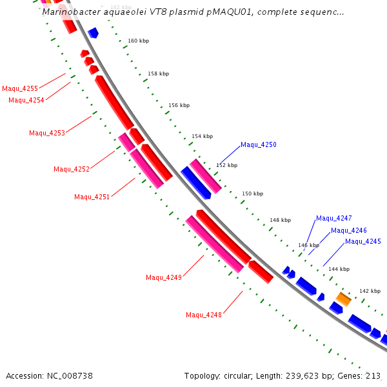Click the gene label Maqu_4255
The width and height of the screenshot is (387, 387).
(20, 88)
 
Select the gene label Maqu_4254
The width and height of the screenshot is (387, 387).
(26, 100)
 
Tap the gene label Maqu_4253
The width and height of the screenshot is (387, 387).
(47, 133)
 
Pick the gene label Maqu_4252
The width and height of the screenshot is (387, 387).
(72, 169)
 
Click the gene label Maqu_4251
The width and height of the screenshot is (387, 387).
(92, 197)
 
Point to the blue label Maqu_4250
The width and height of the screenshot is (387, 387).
(258, 144)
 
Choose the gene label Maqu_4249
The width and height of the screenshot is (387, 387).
(164, 277)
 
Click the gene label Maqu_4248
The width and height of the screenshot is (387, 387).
(204, 315)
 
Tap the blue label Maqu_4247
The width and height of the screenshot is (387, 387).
(333, 218)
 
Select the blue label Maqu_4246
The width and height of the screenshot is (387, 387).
(348, 230)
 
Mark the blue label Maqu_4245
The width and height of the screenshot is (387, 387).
(362, 241)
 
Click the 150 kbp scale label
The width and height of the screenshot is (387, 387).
(252, 193)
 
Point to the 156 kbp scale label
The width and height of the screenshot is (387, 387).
(179, 105)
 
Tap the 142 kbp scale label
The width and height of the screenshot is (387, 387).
(370, 291)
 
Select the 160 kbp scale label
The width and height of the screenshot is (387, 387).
(138, 41)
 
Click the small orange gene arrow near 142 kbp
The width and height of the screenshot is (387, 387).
(343, 299)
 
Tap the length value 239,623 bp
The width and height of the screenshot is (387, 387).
(305, 375)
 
